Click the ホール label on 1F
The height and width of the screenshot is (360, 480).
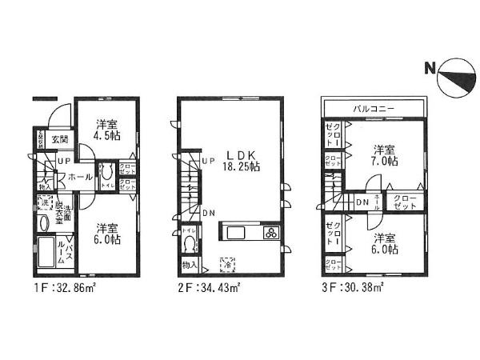coord(78,177)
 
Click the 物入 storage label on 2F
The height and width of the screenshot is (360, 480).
coord(190,265)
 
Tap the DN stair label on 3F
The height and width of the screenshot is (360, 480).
coord(362,202)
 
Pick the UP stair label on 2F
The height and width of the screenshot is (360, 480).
coord(208,162)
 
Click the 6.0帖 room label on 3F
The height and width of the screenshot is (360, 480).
coord(382,243)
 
